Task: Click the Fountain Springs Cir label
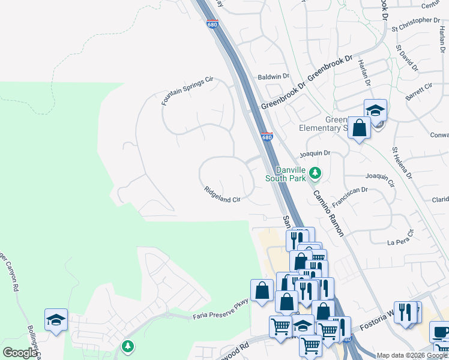coord(187,91)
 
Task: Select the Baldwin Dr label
coord(274,77)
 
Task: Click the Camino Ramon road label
coord(328,212)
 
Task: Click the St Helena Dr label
coord(402,163)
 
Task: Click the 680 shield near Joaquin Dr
coord(267,137)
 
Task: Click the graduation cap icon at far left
coord(56,320)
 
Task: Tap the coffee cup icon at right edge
coord(440,332)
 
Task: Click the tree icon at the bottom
coord(127,346)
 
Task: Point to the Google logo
coord(19,353)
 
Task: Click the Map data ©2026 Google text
coord(412,355)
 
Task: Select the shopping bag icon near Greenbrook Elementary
coord(359,128)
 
